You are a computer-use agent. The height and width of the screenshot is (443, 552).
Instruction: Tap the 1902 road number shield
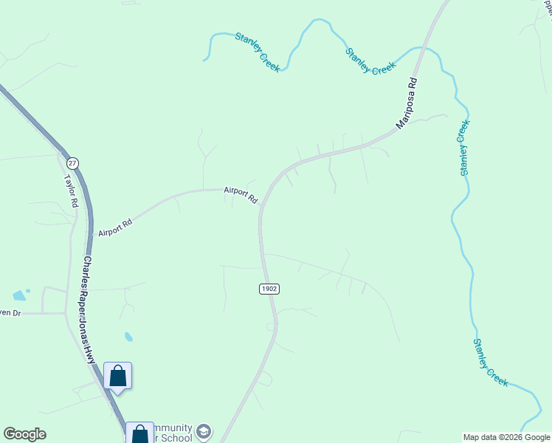pos(269,289)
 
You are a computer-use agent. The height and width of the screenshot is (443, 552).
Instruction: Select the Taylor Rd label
pos(71,190)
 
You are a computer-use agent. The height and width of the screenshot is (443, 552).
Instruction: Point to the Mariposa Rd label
pos(407,104)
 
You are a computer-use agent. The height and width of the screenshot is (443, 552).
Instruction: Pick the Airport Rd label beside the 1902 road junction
pos(241,195)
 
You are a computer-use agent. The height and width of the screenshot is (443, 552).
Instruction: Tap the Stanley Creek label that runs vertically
pos(463,148)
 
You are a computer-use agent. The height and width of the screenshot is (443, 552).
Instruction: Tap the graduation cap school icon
pos(204,431)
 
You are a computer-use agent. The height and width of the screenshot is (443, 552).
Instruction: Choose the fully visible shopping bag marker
pos(117,376)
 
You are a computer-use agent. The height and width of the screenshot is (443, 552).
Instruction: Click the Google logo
pos(25,434)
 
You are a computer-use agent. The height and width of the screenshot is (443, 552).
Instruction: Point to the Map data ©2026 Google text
pos(506,437)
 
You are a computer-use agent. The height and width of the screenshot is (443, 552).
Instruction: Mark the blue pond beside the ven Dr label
pos(19,295)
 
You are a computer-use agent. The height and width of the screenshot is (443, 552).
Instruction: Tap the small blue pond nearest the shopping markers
pos(128,337)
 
